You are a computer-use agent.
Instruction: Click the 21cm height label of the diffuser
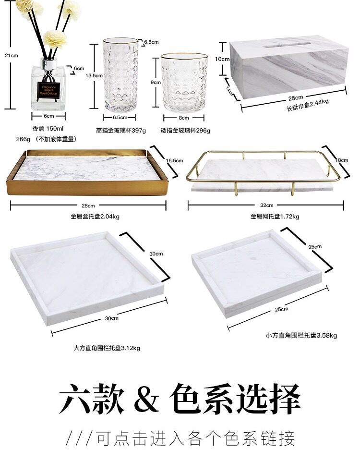(x=12, y=55)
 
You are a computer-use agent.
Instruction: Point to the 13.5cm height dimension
(x=94, y=76)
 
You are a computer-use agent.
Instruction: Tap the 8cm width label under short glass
(x=183, y=117)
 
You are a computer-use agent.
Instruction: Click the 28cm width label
(x=87, y=205)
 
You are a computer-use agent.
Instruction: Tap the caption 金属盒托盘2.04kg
(x=95, y=216)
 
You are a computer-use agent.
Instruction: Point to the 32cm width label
(x=267, y=205)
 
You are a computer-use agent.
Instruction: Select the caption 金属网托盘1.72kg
(x=275, y=217)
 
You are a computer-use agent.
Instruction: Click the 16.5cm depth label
(x=174, y=160)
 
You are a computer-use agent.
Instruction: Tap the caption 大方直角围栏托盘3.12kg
(x=107, y=348)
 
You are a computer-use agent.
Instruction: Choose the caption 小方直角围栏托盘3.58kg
(x=301, y=336)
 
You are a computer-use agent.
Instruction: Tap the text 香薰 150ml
(x=48, y=129)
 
